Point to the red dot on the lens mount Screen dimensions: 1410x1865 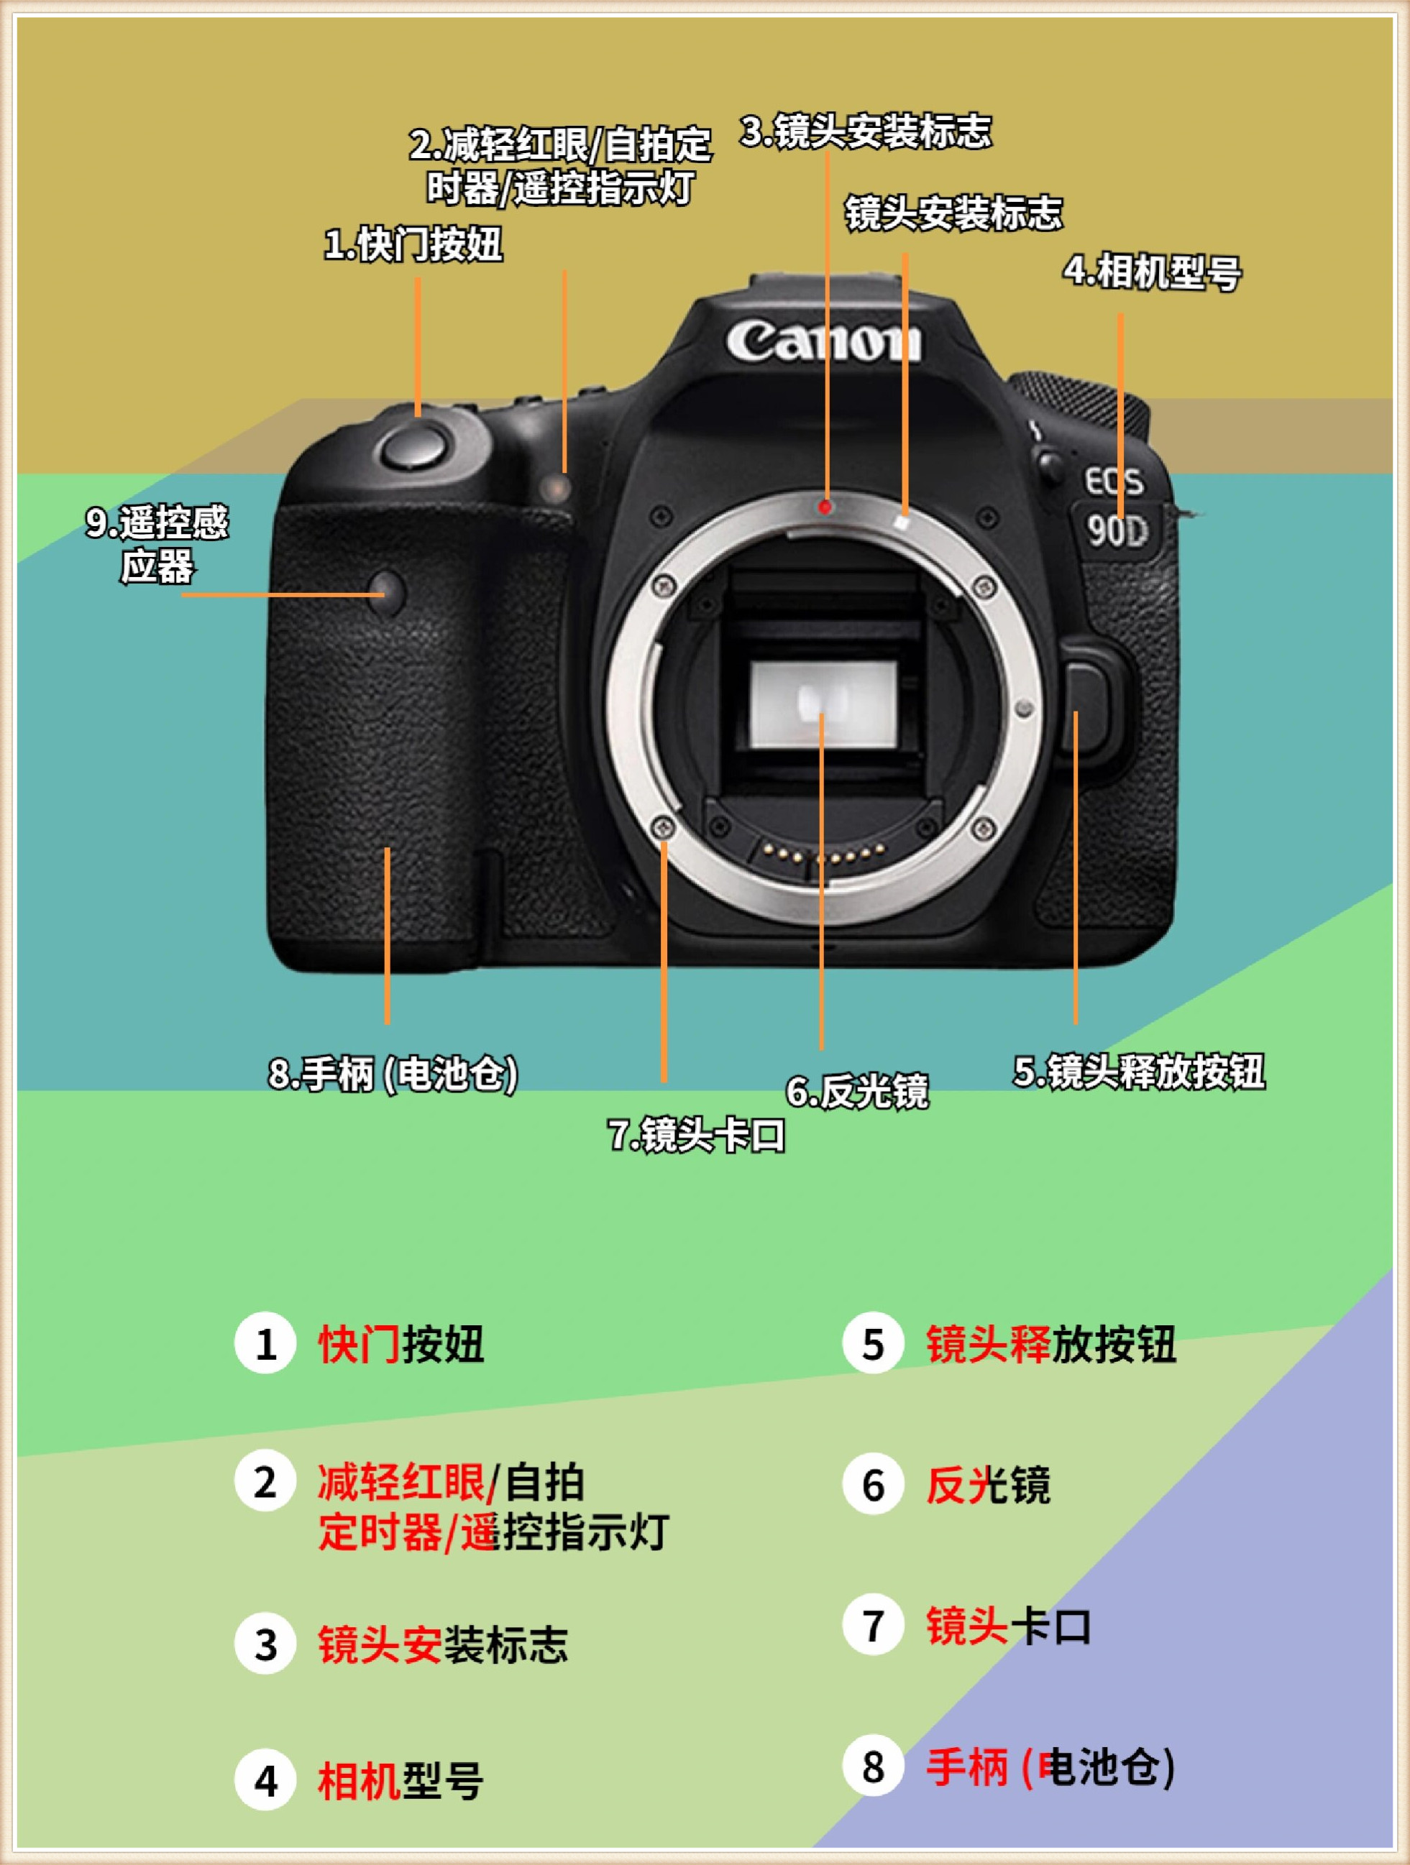coord(826,507)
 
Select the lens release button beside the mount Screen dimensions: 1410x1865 coord(1088,705)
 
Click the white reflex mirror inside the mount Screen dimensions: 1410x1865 coord(823,705)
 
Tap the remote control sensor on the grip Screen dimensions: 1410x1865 coord(388,592)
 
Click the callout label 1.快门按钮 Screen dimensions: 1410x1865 coord(414,244)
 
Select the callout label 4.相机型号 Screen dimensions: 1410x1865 coord(1152,272)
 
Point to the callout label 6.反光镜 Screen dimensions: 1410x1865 coord(858,1091)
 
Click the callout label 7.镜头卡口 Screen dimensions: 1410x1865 coord(697,1135)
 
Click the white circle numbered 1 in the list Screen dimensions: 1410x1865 coord(265,1343)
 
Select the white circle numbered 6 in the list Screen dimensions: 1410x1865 coord(874,1485)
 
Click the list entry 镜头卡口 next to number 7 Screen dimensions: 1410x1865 coord(1009,1626)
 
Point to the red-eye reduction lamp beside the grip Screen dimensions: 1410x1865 coord(557,487)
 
